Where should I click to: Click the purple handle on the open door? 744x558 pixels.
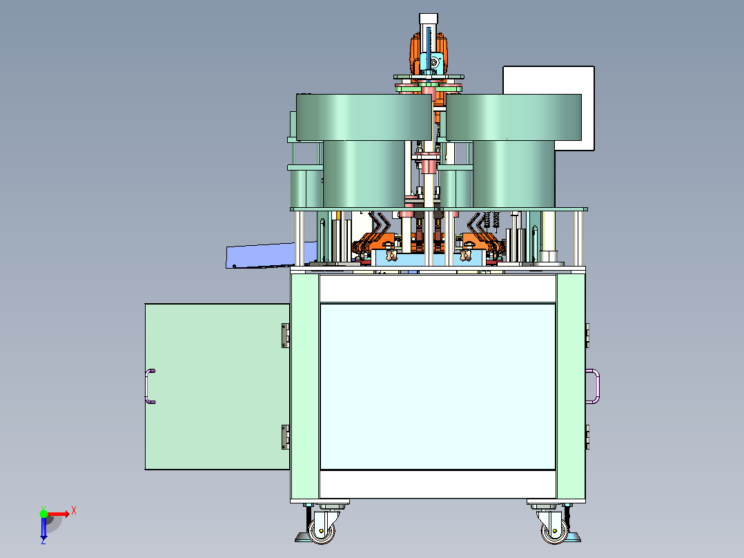pyautogui.click(x=148, y=386)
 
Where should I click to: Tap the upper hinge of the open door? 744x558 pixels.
pyautogui.click(x=286, y=335)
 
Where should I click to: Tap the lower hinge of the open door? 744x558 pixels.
pyautogui.click(x=286, y=436)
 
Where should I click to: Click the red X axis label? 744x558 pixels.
pyautogui.click(x=74, y=511)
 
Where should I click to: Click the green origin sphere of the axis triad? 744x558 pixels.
pyautogui.click(x=43, y=513)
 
